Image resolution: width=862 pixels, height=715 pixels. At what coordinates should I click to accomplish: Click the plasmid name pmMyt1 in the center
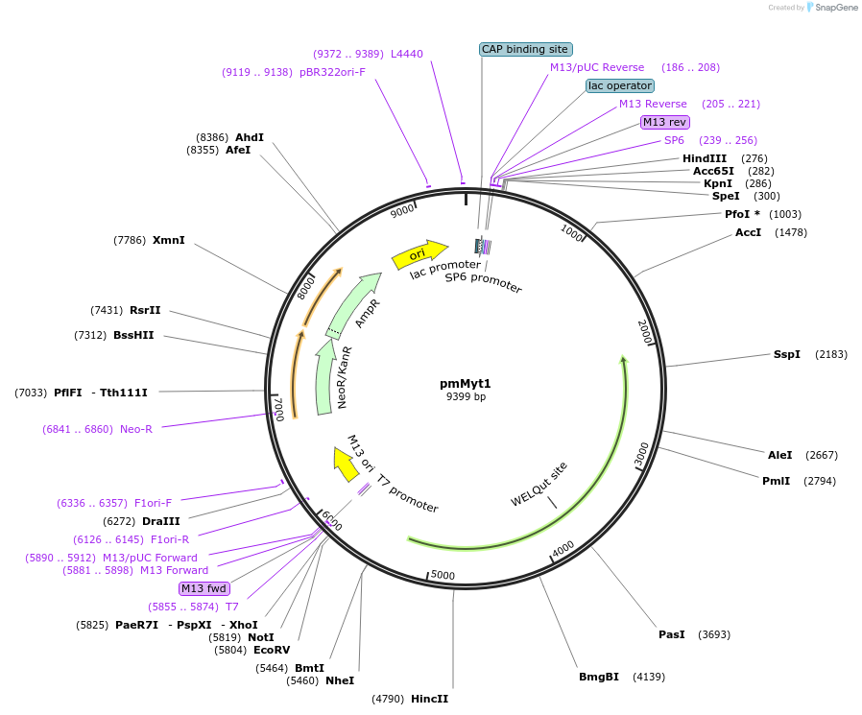466,383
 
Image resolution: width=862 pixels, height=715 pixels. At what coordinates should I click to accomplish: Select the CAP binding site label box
525,49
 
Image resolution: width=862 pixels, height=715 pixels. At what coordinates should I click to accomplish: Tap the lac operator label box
620,85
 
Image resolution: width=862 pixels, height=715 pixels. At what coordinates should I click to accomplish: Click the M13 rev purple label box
664,122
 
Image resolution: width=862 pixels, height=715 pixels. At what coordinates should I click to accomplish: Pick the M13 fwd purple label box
204,588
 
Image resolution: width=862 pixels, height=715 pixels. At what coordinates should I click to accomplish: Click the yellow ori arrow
419,254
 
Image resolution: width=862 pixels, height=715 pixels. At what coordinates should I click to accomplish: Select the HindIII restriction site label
705,158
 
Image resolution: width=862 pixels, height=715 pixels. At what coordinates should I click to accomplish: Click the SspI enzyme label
786,354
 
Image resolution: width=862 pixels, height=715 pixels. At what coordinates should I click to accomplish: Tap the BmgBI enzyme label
598,677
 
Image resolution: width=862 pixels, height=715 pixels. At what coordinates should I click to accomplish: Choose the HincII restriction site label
429,699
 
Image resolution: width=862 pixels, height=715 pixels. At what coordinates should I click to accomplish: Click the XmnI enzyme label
168,240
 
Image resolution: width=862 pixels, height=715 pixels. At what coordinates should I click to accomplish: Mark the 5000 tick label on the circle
443,575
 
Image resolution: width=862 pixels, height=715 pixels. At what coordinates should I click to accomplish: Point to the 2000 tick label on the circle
645,333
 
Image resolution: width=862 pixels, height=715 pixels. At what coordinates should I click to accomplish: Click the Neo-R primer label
135,429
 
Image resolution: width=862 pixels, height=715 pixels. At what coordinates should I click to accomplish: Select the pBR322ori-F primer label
332,72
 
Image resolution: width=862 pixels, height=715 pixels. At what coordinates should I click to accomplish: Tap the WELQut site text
539,485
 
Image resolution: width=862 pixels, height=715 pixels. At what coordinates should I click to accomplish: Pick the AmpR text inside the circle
368,313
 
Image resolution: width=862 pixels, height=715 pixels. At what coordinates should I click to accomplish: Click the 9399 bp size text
466,396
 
